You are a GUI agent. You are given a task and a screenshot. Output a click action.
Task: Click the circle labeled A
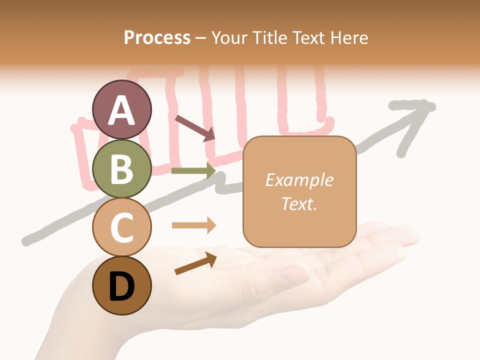pyautogui.click(x=121, y=109)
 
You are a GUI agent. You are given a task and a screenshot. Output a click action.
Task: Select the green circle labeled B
pyautogui.click(x=121, y=168)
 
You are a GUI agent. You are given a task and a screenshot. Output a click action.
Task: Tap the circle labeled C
pyautogui.click(x=121, y=227)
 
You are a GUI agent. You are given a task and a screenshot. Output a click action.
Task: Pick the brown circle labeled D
pyautogui.click(x=121, y=285)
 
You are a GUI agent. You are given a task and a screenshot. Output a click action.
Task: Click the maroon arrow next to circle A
pyautogui.click(x=194, y=127)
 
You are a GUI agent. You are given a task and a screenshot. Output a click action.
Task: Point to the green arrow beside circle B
pyautogui.click(x=193, y=171)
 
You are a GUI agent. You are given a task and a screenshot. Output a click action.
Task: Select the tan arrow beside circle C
pyautogui.click(x=193, y=225)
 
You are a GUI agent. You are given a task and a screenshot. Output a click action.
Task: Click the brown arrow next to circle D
pyautogui.click(x=195, y=263)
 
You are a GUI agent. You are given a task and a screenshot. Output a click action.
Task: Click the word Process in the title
pyautogui.click(x=157, y=37)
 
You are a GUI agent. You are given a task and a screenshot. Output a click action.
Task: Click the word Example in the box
pyautogui.click(x=299, y=180)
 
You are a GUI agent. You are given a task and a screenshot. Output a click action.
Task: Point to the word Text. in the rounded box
pyautogui.click(x=299, y=204)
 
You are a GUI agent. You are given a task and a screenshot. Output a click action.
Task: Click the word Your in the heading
pyautogui.click(x=230, y=37)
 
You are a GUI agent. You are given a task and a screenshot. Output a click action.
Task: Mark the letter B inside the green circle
pyautogui.click(x=121, y=168)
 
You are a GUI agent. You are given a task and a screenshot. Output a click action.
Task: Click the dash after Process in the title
pyautogui.click(x=200, y=38)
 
